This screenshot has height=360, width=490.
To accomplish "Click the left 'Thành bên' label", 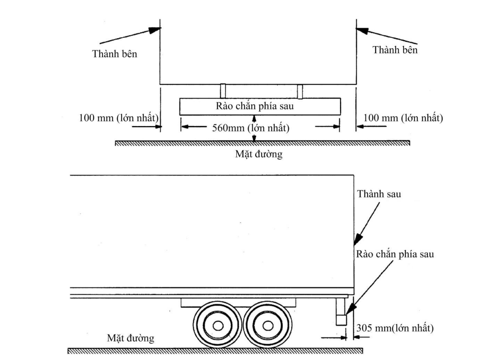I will [x=115, y=54].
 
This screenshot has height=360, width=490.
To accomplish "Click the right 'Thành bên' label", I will [x=395, y=50].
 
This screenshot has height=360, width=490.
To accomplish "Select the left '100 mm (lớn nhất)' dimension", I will [x=119, y=118].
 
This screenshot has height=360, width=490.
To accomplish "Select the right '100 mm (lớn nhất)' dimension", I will [x=402, y=118].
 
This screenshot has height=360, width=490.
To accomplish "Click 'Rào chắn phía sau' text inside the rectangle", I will [x=260, y=106].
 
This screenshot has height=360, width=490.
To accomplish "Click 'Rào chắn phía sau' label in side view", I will [x=395, y=255].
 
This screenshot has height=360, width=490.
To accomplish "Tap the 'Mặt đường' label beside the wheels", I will [x=130, y=339].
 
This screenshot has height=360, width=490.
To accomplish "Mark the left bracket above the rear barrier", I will [x=223, y=91].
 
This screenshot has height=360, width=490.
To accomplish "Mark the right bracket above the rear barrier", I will [x=300, y=91].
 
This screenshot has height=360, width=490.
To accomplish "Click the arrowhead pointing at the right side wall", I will [x=361, y=31].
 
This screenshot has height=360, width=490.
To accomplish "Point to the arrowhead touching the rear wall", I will [x=357, y=238].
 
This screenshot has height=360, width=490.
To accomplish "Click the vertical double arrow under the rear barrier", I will [x=254, y=128].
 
